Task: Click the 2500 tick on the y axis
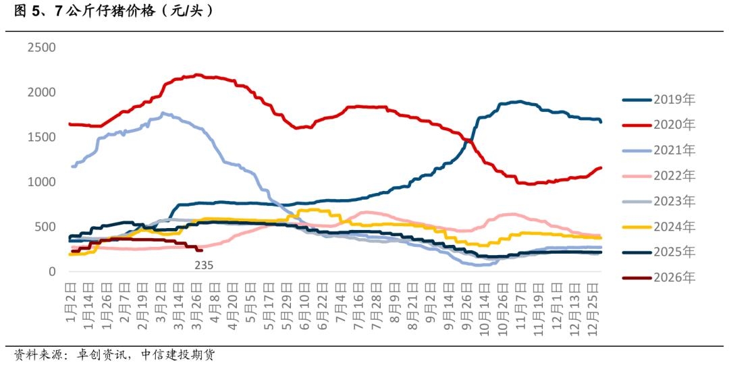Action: coord(41,47)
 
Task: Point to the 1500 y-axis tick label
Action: coord(41,137)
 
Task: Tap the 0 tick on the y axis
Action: coord(51,272)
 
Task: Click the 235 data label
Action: coord(204,266)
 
